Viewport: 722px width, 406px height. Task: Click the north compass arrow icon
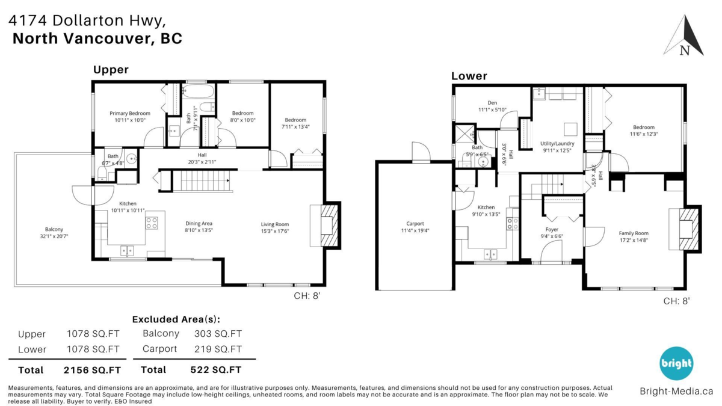[x=684, y=37]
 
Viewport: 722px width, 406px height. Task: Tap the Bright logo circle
[x=676, y=363]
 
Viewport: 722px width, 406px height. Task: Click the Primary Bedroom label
[x=129, y=113]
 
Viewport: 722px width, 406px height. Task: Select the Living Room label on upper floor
[x=274, y=224]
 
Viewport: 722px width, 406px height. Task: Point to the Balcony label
[x=54, y=229]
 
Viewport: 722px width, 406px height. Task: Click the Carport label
[x=415, y=224]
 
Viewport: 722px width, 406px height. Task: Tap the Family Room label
[x=634, y=233]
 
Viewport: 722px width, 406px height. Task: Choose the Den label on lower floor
[x=492, y=102]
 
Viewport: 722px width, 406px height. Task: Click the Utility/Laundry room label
[x=557, y=144]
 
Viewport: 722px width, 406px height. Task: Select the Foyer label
[x=552, y=229]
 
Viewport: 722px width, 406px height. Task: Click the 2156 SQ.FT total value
[x=92, y=370]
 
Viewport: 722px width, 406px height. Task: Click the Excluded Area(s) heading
[x=176, y=319]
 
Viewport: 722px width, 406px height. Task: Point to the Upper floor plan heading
[x=111, y=70]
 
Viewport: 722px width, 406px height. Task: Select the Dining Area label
[x=199, y=224]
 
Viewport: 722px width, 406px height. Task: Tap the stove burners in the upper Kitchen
[x=152, y=223]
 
